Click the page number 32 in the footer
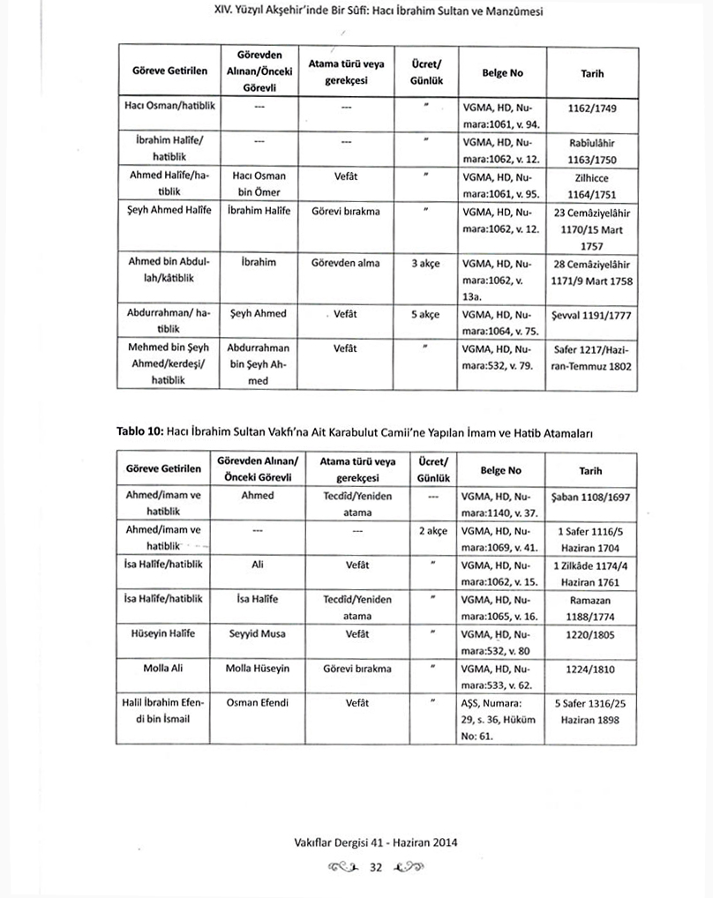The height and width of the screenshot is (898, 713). pos(374,868)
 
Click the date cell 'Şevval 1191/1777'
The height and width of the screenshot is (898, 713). pos(592,313)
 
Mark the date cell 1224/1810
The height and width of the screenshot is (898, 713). pos(592,669)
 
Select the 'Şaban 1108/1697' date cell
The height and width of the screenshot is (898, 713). pos(592,497)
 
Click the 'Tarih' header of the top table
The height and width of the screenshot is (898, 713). pos(592,75)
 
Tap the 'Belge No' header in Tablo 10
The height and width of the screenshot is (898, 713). pos(501,471)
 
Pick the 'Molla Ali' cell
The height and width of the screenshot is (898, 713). pos(161,669)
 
